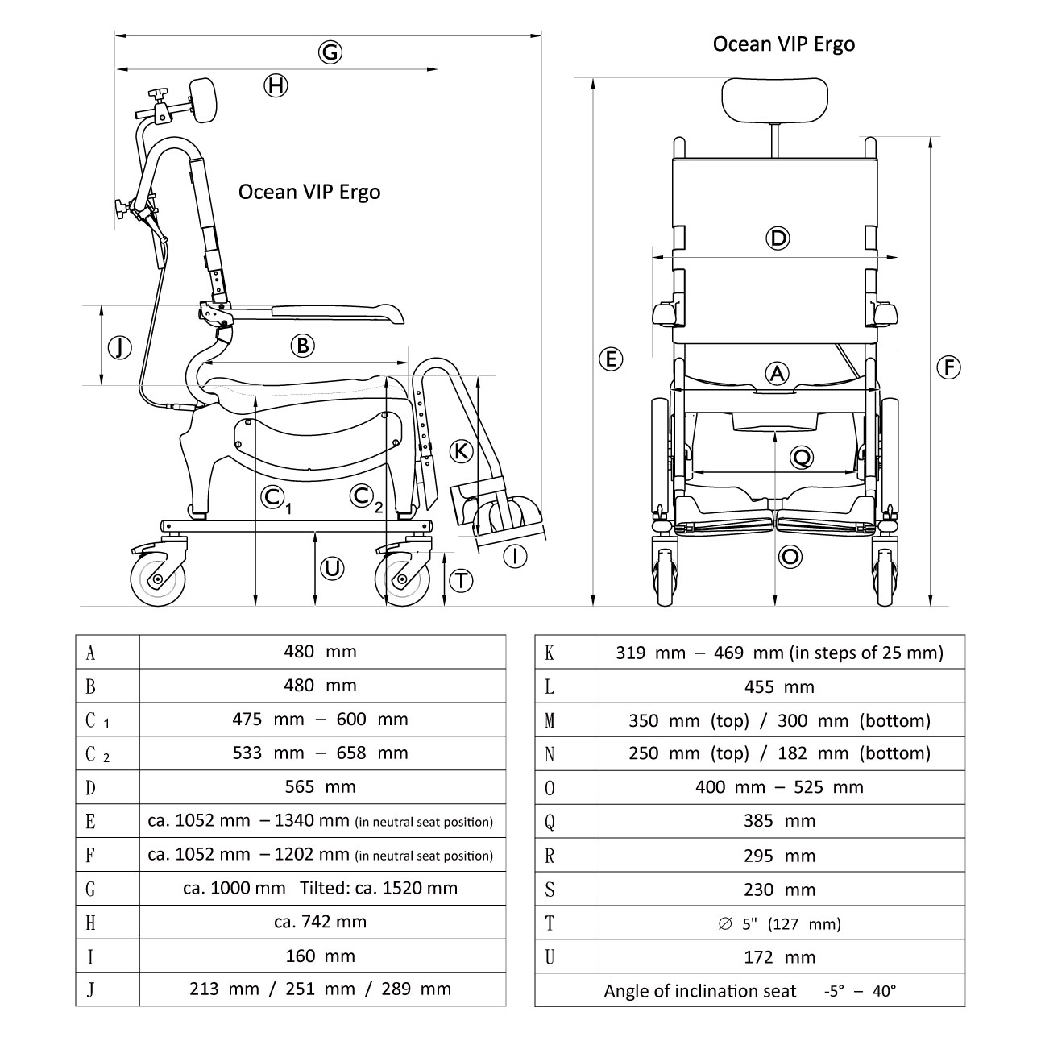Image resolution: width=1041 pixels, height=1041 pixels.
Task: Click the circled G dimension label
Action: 330,53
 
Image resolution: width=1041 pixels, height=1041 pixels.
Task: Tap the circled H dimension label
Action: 276,85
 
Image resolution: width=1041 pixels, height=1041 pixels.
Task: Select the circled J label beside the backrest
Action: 119,348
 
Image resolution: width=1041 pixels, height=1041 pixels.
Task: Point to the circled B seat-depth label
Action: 302,346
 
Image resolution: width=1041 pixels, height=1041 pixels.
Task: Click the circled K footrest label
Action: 460,450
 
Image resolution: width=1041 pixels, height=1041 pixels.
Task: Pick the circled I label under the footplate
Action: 514,555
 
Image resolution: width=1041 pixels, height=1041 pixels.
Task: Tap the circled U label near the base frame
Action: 332,569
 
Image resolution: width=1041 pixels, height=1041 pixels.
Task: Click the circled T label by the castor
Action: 460,580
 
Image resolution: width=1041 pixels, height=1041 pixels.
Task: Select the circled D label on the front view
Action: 778,238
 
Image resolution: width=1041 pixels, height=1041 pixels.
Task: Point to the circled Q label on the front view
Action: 802,458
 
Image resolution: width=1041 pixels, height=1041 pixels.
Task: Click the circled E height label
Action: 612,359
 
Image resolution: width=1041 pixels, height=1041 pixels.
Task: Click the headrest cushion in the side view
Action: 206,99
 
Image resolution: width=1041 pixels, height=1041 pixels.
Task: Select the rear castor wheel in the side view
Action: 158,578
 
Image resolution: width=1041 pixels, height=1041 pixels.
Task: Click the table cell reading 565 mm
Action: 321,786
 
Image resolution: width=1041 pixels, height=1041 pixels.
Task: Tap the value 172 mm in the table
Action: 780,957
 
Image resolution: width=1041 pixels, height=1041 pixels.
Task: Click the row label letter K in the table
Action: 550,653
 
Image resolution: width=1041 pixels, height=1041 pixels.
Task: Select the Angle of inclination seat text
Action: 699,991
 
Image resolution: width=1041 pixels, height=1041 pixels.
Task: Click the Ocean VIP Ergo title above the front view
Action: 783,44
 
